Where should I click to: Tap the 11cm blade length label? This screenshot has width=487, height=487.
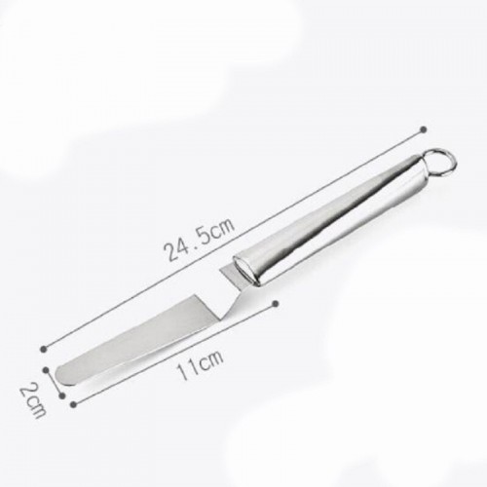pyautogui.click(x=200, y=364)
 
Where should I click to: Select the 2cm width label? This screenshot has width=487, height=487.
pyautogui.click(x=32, y=400)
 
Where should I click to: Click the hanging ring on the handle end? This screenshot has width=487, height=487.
pyautogui.click(x=442, y=161)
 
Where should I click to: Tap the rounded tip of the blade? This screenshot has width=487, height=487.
pyautogui.click(x=61, y=374)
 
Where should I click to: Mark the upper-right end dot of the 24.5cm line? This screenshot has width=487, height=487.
pyautogui.click(x=423, y=130)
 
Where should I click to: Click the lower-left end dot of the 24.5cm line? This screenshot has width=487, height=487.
pyautogui.click(x=44, y=349)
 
